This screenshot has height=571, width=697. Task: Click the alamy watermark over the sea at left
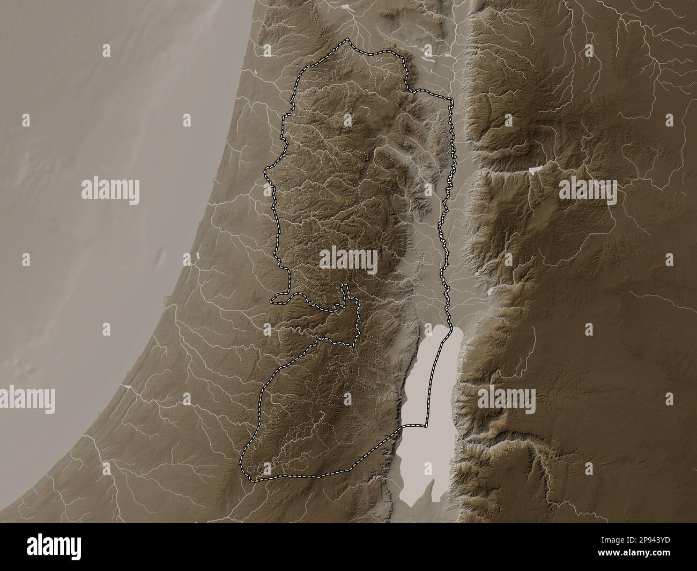[110, 190]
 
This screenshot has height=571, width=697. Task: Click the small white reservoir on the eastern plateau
[535, 169]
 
